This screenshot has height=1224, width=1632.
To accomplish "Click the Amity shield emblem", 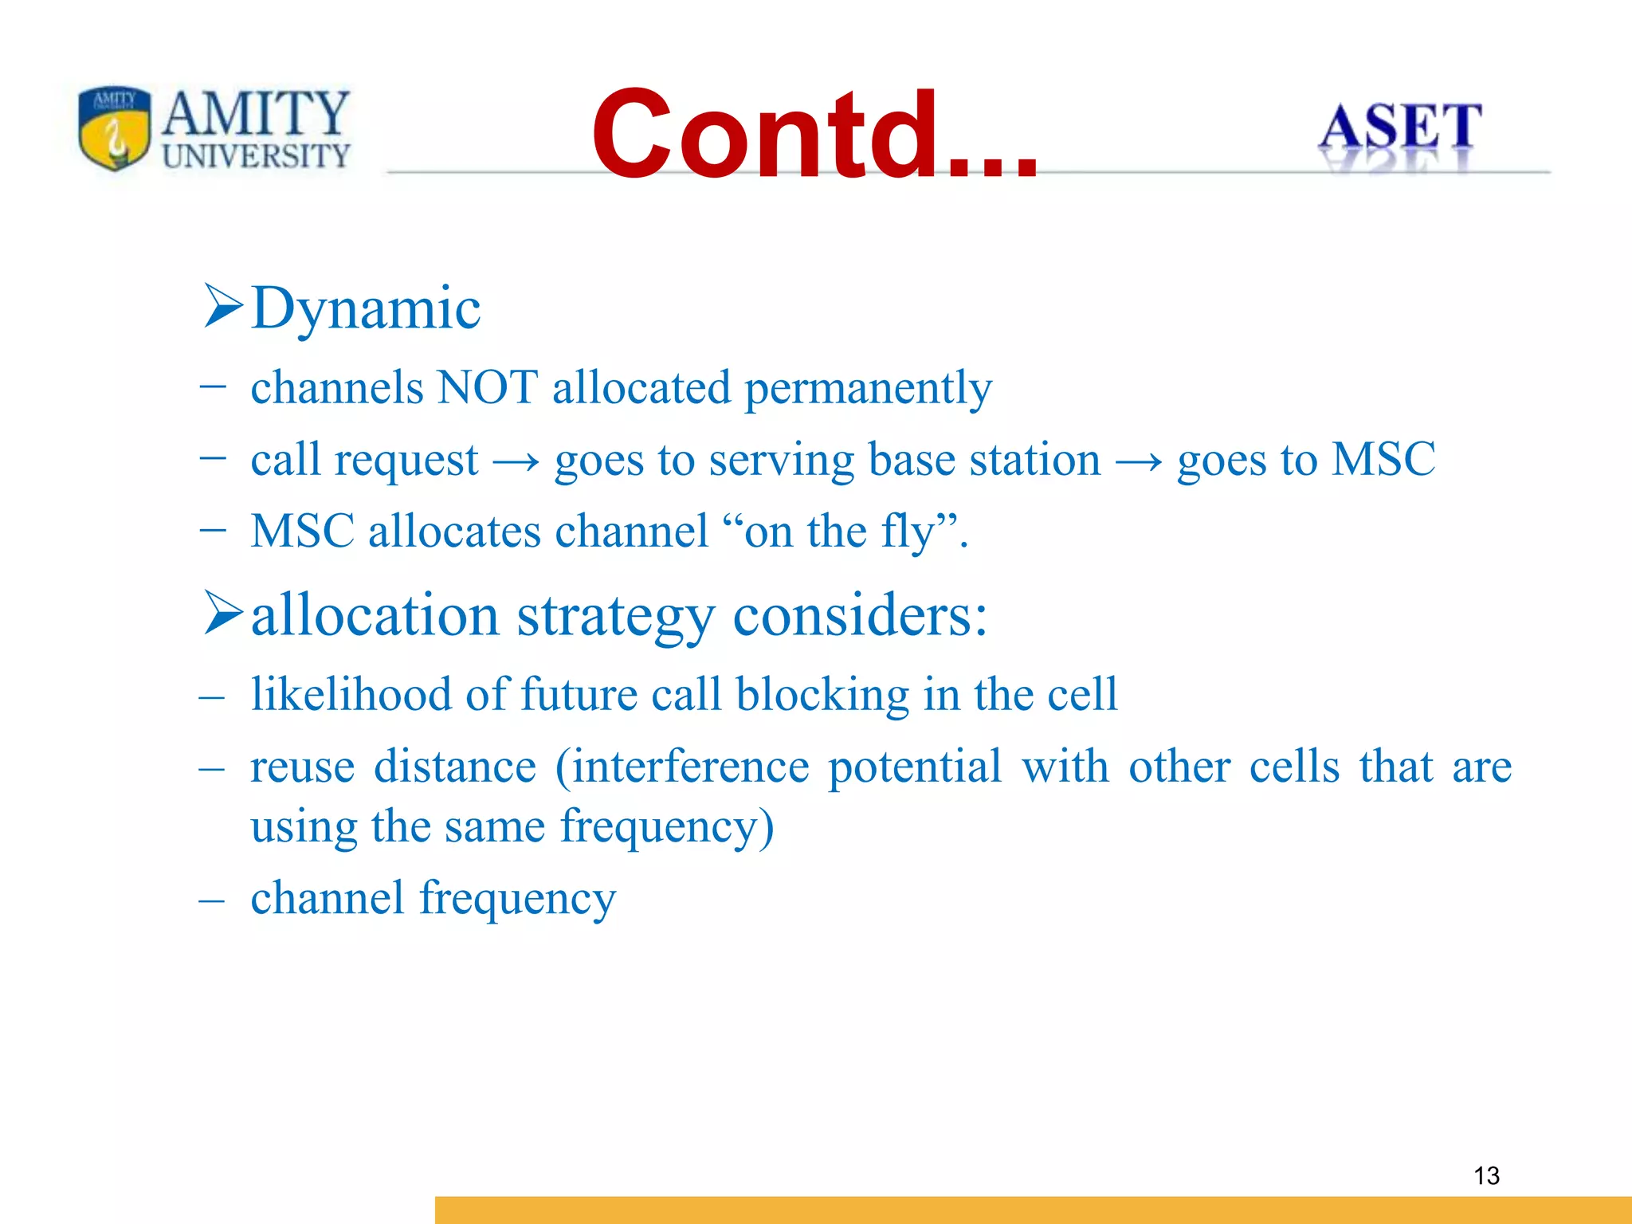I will click(x=114, y=127).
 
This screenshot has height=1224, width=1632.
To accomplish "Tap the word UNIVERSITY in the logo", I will click(x=256, y=155).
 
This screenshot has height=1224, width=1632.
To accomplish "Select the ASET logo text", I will click(x=1399, y=127).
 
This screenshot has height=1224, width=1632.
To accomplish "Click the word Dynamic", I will click(x=366, y=308).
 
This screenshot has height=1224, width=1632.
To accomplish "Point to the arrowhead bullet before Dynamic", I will click(x=222, y=306).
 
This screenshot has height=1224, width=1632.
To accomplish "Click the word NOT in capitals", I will click(x=488, y=388).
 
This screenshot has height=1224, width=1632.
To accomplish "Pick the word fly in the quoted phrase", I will click(x=907, y=532).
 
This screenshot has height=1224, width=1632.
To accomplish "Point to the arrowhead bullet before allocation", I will click(x=222, y=613).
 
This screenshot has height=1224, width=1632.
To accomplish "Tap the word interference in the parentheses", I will click(x=690, y=767).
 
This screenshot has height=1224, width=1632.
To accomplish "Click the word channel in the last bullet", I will click(x=328, y=898).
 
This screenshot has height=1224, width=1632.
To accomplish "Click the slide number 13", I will click(x=1486, y=1175).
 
